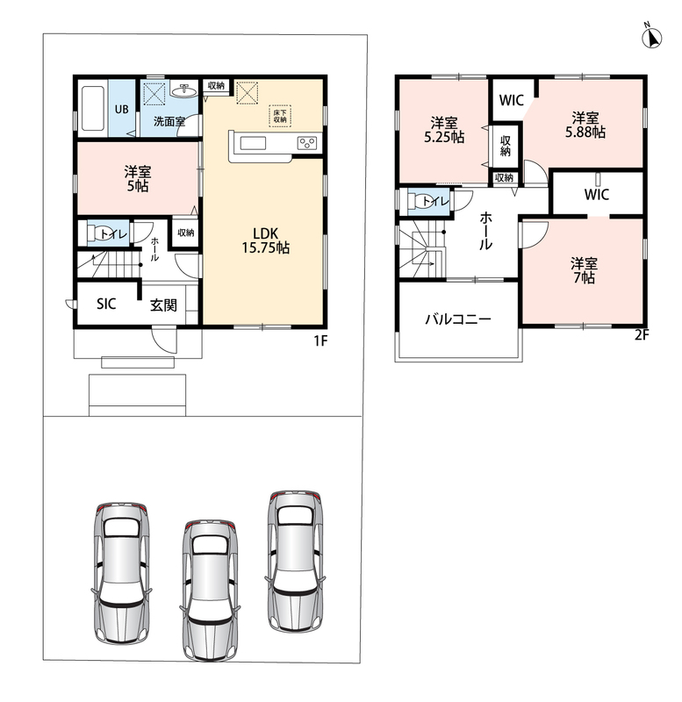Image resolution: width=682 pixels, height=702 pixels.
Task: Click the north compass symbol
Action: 652,37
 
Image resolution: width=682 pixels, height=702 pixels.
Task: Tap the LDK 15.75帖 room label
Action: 266,240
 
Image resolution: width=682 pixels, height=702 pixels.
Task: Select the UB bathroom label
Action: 121,109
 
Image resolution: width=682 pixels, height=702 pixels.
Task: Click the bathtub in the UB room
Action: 93,109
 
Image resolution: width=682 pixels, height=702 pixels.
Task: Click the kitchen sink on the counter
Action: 253,143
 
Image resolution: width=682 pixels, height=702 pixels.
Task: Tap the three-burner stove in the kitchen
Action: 307,143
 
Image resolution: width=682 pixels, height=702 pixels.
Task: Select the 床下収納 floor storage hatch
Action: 280,116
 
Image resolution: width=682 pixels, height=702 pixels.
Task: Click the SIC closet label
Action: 106,304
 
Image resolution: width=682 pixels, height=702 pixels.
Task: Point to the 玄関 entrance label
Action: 163,305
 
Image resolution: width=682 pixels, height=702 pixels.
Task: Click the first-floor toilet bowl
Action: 99,233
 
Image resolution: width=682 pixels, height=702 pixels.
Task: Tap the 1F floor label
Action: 320,341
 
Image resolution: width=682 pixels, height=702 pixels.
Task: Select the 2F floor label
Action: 642,335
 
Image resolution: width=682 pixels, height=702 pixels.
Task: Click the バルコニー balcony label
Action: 458,319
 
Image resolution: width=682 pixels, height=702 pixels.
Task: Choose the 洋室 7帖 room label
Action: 584,270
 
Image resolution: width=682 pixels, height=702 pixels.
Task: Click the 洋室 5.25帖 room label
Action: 444,130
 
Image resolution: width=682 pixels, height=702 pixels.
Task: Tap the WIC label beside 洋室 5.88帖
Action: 512,100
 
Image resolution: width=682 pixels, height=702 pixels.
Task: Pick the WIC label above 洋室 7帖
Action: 597,194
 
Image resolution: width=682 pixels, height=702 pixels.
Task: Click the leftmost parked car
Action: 121,573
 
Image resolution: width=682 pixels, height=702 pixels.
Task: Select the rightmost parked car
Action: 295,561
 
